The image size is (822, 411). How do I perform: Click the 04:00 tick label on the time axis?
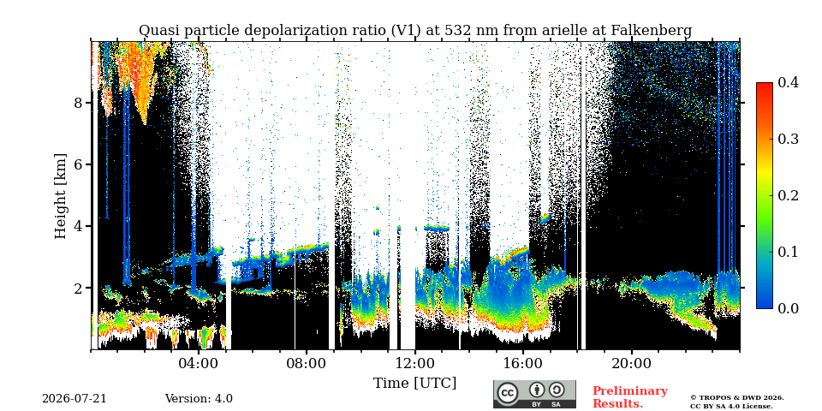[199, 364]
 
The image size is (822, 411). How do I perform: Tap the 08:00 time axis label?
[307, 364]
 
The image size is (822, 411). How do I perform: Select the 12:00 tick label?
[415, 364]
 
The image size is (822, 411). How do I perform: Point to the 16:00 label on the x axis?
[523, 364]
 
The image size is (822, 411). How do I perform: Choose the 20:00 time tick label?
[631, 364]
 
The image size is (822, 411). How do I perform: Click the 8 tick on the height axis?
[78, 102]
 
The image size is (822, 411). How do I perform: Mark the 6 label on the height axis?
[78, 164]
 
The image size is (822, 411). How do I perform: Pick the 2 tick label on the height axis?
[78, 288]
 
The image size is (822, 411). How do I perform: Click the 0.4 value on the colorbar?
[788, 82]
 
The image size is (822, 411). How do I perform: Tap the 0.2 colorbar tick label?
[788, 195]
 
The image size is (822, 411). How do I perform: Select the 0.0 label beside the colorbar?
[788, 307]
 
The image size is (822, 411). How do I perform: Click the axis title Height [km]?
[61, 196]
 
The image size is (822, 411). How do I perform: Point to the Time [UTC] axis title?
[414, 384]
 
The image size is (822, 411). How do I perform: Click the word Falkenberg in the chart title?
[651, 31]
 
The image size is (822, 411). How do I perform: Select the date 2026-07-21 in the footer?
[74, 398]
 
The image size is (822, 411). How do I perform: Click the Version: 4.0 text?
[199, 398]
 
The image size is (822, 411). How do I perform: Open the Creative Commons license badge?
[534, 394]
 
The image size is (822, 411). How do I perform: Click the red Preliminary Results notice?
[630, 396]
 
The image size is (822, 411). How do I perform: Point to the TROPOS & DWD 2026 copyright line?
[737, 398]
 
